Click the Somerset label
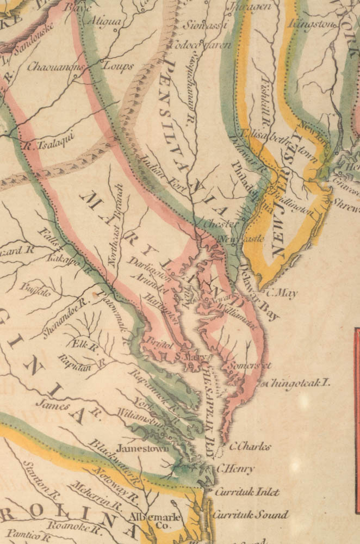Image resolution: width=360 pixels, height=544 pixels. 250,365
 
